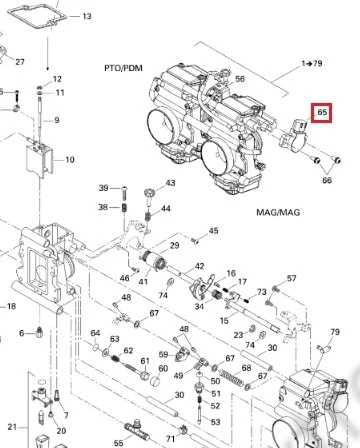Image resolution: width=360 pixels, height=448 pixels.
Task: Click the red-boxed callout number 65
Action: click(322, 112)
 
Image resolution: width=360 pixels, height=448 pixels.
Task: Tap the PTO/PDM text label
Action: click(123, 68)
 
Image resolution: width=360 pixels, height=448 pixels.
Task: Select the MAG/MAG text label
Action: click(278, 212)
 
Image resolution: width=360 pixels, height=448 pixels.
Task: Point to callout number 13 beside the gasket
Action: click(87, 16)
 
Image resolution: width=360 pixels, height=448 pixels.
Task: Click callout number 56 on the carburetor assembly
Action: click(240, 79)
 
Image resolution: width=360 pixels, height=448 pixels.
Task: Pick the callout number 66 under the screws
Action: click(327, 180)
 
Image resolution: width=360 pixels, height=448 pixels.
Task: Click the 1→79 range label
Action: click(312, 63)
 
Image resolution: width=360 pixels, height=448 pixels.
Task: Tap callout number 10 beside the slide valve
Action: click(69, 160)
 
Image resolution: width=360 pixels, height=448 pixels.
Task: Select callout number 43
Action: click(170, 183)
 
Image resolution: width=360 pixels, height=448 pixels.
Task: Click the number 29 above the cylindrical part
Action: click(174, 245)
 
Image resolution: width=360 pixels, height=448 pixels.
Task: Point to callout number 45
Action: click(213, 231)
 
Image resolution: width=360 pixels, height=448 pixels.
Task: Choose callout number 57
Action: click(291, 278)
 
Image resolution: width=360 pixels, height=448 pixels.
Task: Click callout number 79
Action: click(335, 332)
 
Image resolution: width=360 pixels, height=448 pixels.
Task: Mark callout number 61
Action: click(145, 361)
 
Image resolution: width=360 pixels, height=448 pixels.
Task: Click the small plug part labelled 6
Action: click(39, 332)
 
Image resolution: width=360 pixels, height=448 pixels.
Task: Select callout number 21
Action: click(12, 427)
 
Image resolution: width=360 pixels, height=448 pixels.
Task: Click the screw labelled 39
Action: click(124, 192)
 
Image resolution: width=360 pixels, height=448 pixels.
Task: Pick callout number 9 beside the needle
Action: click(57, 120)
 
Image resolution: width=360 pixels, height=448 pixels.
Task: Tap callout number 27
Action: click(20, 62)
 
